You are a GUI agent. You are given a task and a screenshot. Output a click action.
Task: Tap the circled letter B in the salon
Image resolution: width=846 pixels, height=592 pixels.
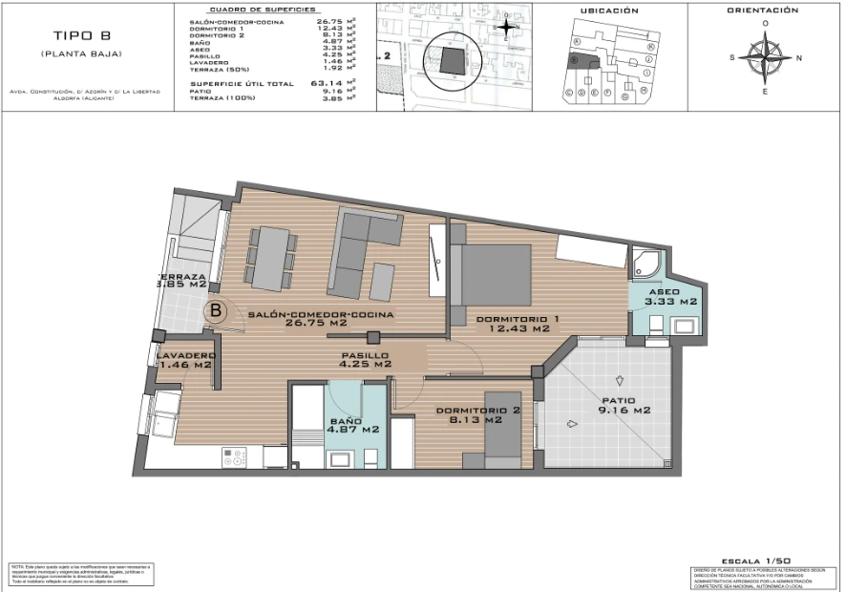coord(217,309)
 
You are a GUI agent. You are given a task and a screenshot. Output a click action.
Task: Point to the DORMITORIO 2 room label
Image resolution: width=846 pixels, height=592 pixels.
coord(477,415)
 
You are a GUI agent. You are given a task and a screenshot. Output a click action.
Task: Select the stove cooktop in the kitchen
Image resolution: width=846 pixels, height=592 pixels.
coord(235,456)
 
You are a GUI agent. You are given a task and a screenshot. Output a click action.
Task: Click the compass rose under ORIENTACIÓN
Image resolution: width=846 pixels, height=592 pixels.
coord(765,55)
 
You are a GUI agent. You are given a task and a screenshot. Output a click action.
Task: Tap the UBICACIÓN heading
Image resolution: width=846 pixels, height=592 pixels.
coord(608,11)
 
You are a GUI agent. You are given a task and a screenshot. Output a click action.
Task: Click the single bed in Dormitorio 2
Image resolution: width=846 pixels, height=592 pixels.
coord(500,430)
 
